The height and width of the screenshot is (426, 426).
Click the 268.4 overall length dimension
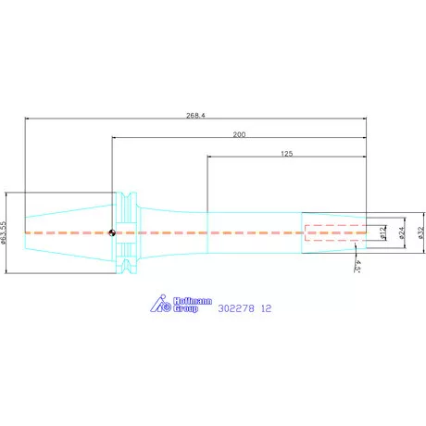(195, 116)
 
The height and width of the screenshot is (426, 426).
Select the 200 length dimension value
(239, 134)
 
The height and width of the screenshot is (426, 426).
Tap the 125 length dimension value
(287, 154)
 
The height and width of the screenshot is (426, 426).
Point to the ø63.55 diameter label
(4, 232)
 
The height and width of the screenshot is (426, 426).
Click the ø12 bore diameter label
(382, 232)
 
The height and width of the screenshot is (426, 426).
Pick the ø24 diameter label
(402, 232)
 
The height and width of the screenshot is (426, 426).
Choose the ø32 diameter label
(420, 232)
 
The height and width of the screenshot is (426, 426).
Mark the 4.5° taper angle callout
(357, 266)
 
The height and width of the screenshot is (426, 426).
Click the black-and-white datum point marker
(112, 232)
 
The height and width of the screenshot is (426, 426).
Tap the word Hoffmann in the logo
(193, 301)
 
